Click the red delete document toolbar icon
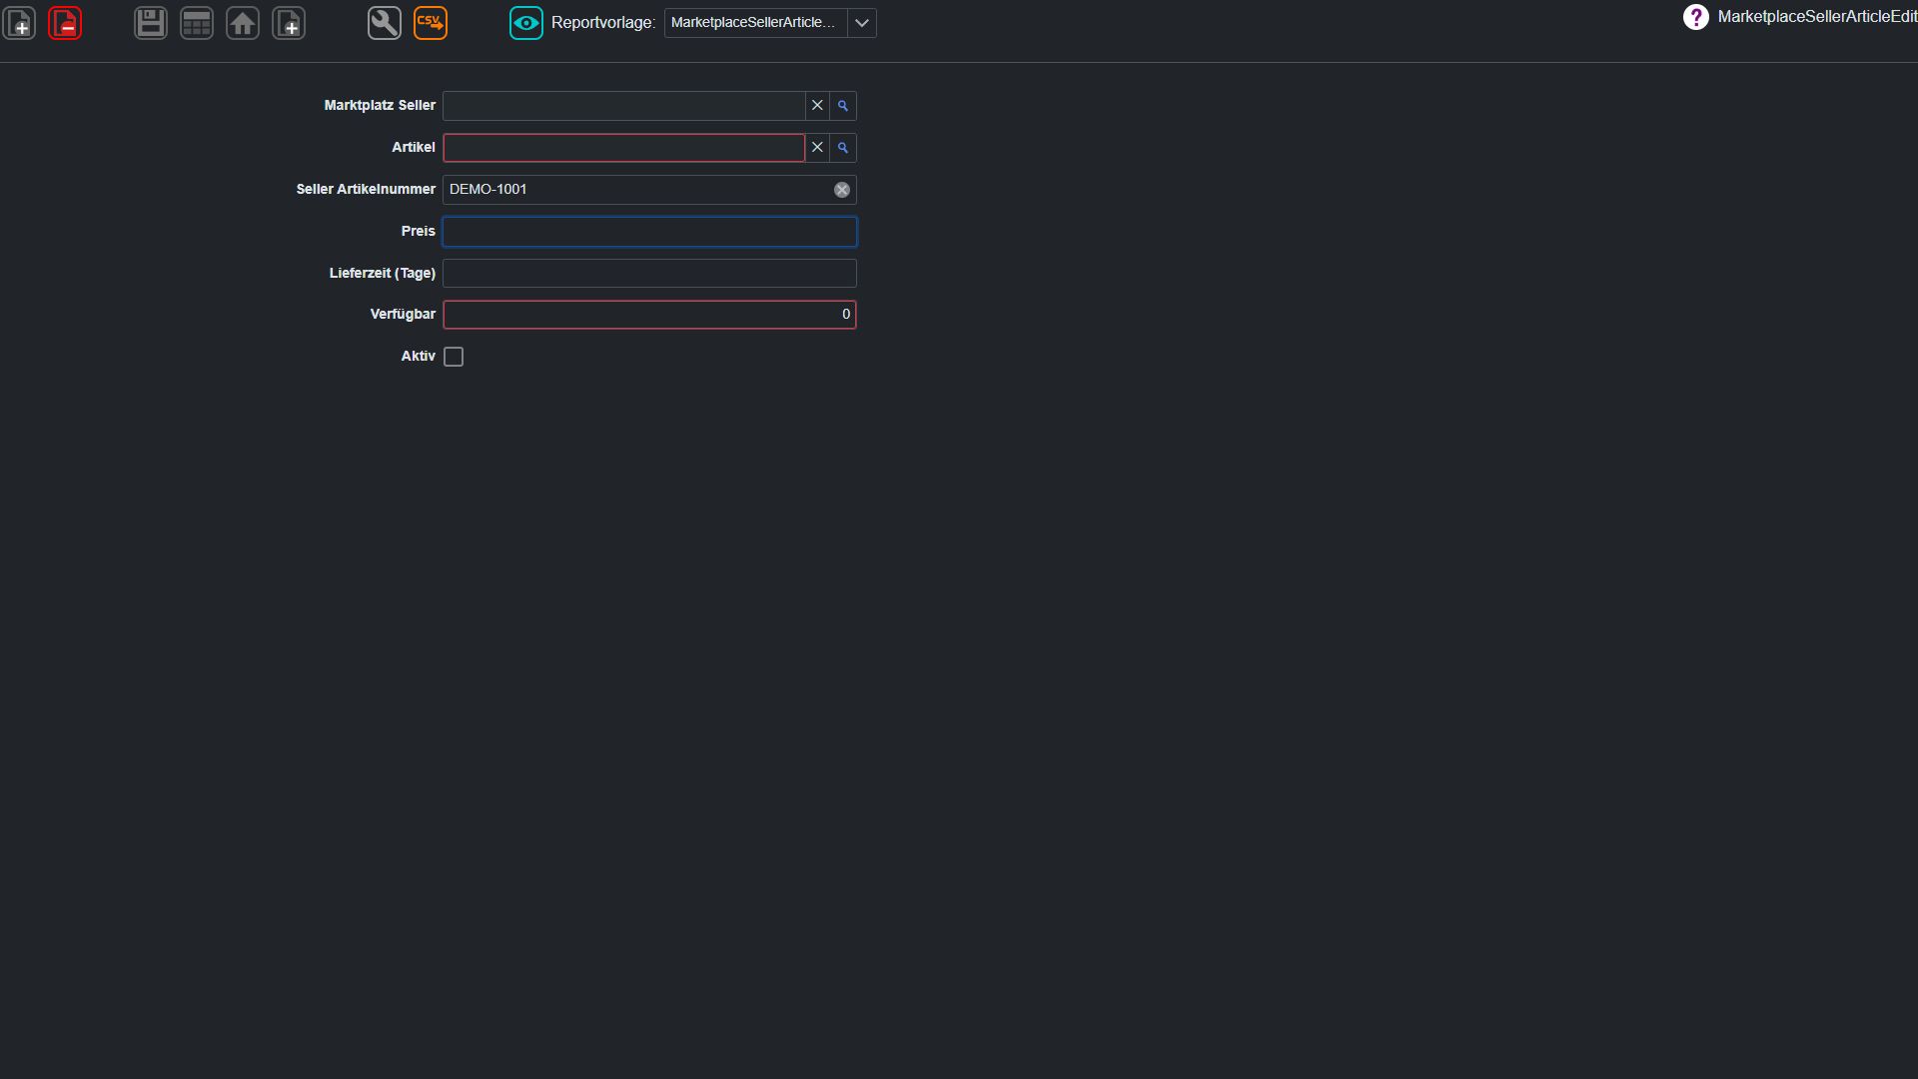tap(65, 23)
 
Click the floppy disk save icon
tap(151, 23)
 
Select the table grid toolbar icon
tap(197, 23)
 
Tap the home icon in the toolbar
tap(243, 23)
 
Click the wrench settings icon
tap(385, 23)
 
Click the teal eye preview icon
tap(526, 23)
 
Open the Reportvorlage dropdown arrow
tap(862, 23)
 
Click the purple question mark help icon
tap(1696, 17)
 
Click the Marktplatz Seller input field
tap(624, 106)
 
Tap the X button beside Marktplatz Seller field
tap(817, 106)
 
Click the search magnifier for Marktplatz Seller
tap(843, 106)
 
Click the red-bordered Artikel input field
tap(624, 148)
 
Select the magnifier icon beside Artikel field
tap(843, 148)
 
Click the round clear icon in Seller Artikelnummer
tap(842, 190)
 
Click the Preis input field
tap(649, 232)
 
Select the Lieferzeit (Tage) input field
tap(649, 274)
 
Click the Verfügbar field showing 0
tap(649, 315)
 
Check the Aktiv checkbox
tap(454, 357)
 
